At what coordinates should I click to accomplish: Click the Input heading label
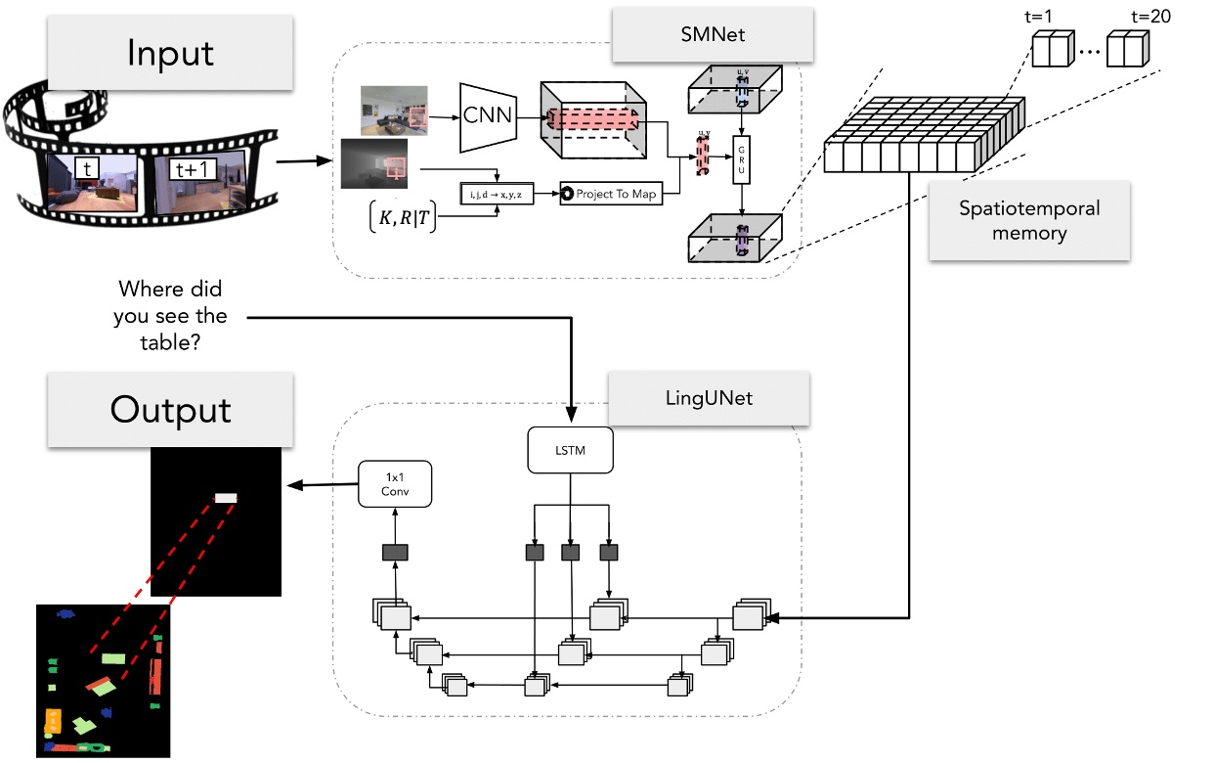170,52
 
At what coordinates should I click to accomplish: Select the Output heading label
170,409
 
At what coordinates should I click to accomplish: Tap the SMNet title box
712,32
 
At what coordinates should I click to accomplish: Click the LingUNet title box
709,397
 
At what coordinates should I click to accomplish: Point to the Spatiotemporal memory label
1028,220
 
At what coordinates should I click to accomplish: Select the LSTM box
570,451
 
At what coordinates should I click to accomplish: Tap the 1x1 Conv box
395,483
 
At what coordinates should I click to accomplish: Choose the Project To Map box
611,194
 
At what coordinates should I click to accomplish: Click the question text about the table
171,316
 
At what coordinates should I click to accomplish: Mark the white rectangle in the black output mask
226,498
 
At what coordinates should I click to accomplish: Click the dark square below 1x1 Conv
395,553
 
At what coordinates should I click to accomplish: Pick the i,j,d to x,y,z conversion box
499,194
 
